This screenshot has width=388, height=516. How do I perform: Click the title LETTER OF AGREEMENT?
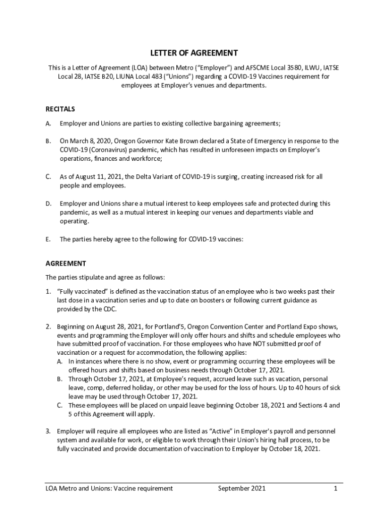click(x=194, y=53)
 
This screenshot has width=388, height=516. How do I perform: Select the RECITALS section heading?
click(x=60, y=109)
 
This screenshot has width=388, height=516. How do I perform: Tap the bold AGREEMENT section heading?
click(x=66, y=264)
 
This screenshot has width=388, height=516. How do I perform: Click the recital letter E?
click(x=48, y=240)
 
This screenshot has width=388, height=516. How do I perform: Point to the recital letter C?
click(x=48, y=177)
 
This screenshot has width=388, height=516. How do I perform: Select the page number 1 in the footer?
click(x=335, y=488)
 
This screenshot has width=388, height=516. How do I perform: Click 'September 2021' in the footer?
click(x=242, y=488)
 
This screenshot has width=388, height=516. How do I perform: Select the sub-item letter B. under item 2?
click(x=59, y=379)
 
